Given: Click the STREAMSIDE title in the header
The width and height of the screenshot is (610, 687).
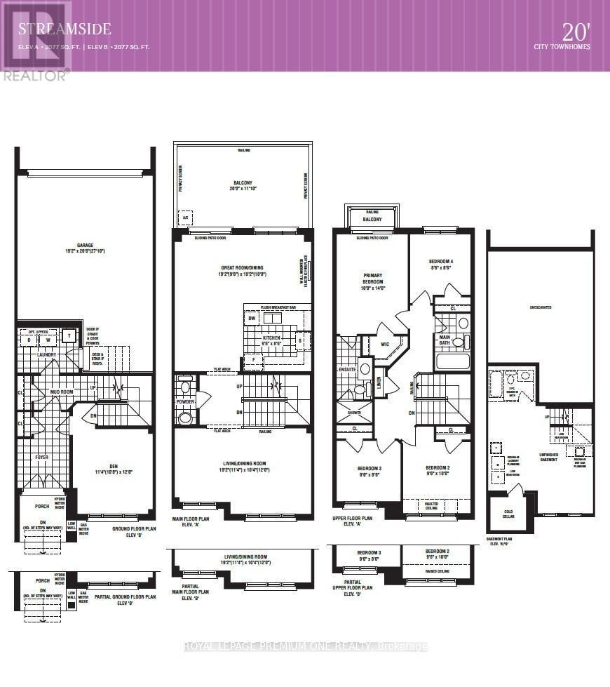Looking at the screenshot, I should (65, 29).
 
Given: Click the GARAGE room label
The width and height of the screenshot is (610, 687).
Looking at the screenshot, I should (86, 246).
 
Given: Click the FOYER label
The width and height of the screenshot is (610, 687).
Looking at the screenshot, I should (43, 457).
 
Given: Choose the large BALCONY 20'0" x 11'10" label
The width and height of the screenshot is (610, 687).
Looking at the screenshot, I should (242, 187).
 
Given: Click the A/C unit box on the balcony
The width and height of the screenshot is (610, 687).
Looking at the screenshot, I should (186, 217).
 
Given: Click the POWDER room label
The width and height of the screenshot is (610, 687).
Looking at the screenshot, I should (185, 401).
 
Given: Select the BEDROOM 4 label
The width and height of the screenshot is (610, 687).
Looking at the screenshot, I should (440, 262).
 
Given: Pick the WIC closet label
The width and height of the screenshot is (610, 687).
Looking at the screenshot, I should (385, 344).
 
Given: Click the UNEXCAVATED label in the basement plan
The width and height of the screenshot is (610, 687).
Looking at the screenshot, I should (541, 306).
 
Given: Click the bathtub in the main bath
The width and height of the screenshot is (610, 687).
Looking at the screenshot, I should (452, 361).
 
